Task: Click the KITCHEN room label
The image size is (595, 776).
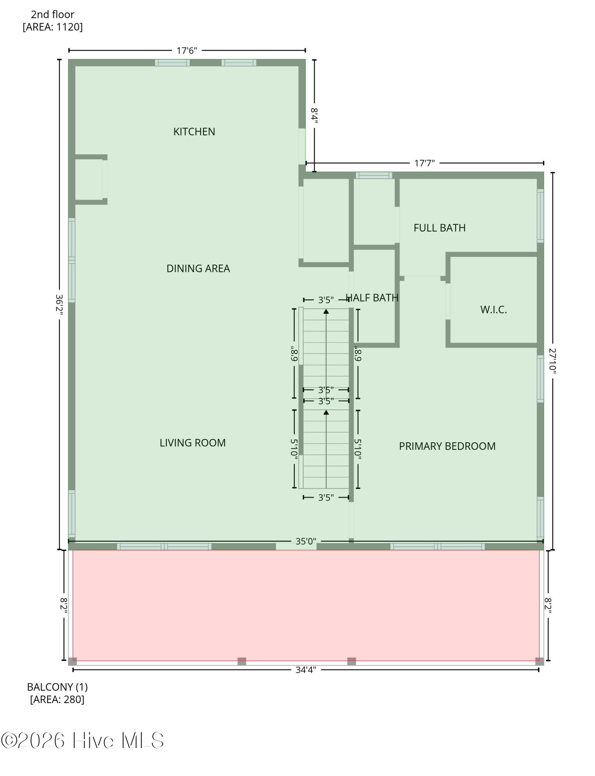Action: click(194, 132)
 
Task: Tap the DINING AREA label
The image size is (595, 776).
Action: click(198, 268)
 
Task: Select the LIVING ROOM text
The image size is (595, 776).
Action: click(193, 443)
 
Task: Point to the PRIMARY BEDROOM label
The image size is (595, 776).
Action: click(447, 446)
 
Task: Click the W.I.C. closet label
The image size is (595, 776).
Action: click(494, 310)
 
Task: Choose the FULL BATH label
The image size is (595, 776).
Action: click(440, 228)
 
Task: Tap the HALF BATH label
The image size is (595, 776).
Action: click(372, 298)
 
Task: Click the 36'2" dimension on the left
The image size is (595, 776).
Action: click(59, 305)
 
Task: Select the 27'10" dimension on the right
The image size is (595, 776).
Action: click(553, 361)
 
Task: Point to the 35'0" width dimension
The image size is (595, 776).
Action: click(306, 541)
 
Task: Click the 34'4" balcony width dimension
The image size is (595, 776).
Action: click(306, 670)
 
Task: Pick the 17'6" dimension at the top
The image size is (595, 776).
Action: click(187, 50)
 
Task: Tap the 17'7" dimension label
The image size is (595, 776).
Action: click(425, 163)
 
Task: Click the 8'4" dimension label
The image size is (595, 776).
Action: click(314, 116)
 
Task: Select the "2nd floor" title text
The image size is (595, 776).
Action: click(52, 14)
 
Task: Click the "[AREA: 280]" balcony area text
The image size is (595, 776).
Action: click(57, 700)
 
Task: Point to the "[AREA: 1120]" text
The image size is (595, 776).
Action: click(52, 27)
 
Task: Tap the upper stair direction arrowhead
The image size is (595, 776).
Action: click(326, 311)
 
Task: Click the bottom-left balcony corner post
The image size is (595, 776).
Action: click(73, 661)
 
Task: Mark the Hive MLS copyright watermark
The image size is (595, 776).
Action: click(82, 740)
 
